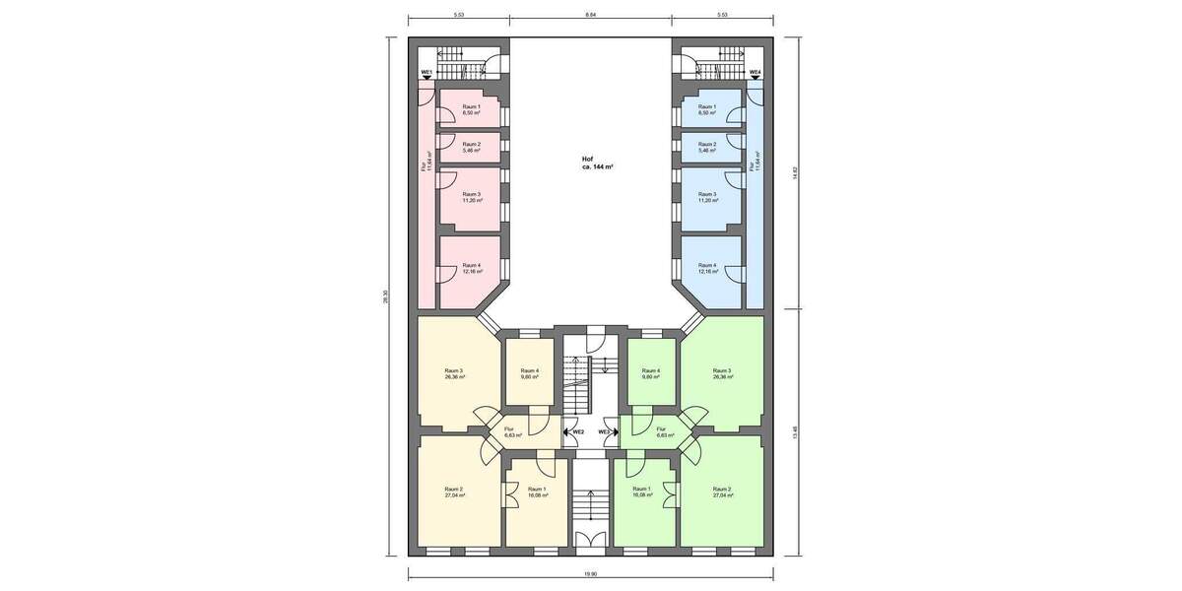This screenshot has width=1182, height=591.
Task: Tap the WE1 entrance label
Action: pos(427,73)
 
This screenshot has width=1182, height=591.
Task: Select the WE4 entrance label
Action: pos(755,73)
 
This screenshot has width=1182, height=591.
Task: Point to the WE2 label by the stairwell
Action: pos(578,431)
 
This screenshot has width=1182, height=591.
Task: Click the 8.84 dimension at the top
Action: pos(590,16)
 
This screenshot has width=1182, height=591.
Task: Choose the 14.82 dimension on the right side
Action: pos(795,172)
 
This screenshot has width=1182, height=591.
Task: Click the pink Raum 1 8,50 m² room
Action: pos(472,109)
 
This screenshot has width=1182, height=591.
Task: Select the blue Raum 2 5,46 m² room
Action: pos(707,148)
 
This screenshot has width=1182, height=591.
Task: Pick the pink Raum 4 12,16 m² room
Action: pos(472,268)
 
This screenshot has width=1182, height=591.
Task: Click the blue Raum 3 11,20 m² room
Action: pos(707,197)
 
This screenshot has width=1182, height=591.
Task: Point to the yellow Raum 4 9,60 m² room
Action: pos(529,373)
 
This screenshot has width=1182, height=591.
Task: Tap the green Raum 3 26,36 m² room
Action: pos(722,373)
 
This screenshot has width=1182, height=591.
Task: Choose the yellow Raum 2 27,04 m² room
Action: pos(454,492)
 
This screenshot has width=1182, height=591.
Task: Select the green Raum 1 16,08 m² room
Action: pos(641,492)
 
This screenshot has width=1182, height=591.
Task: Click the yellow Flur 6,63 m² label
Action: pos(509,431)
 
